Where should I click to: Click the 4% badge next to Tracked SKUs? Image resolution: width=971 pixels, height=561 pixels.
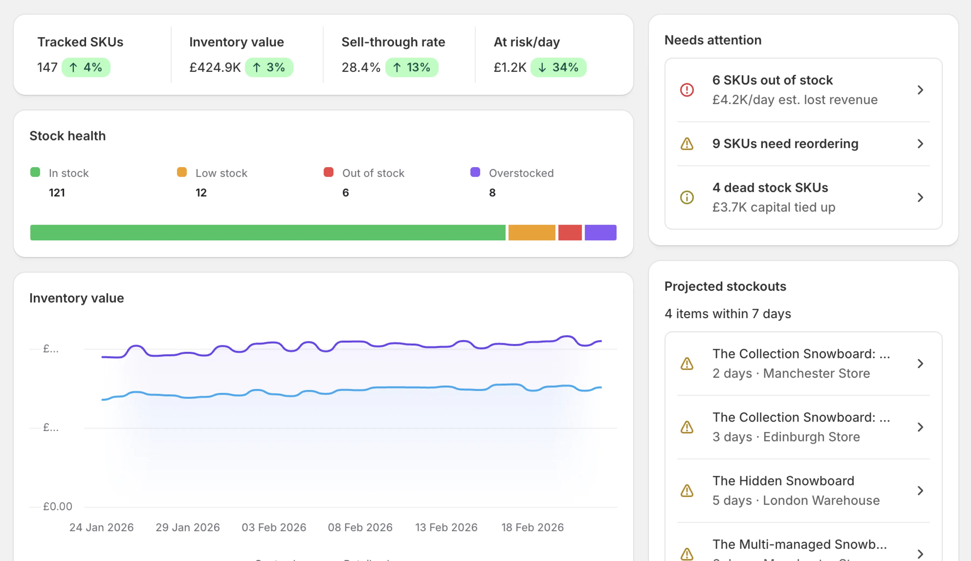tap(86, 67)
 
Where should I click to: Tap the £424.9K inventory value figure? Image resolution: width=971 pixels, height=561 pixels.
tap(215, 67)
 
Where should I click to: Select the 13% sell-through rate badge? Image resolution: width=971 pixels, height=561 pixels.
tap(412, 67)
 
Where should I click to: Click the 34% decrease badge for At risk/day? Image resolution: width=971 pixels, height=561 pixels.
tap(558, 67)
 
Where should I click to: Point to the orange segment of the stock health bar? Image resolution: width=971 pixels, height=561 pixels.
tap(532, 233)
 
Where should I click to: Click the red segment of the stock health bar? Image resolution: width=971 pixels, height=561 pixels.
tap(570, 233)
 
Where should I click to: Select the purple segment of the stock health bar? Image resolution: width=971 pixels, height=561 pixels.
tap(600, 233)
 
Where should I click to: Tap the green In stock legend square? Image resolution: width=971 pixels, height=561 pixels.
tap(35, 172)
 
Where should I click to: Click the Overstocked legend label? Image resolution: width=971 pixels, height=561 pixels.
tap(521, 173)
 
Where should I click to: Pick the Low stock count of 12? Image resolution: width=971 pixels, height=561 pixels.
tap(201, 192)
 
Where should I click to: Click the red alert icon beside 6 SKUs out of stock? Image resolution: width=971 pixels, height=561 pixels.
tap(687, 90)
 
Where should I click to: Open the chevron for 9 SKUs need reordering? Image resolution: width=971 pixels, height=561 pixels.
tap(920, 144)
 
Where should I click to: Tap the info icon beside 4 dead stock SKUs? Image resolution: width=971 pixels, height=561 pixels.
tap(687, 198)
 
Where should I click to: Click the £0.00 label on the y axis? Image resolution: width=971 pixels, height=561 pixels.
tap(57, 506)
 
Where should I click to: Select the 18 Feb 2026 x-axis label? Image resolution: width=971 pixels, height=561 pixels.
tap(532, 527)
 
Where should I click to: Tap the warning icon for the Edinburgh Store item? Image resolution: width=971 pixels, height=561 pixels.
tap(687, 427)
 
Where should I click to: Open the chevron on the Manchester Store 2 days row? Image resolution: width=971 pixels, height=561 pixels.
tap(920, 363)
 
